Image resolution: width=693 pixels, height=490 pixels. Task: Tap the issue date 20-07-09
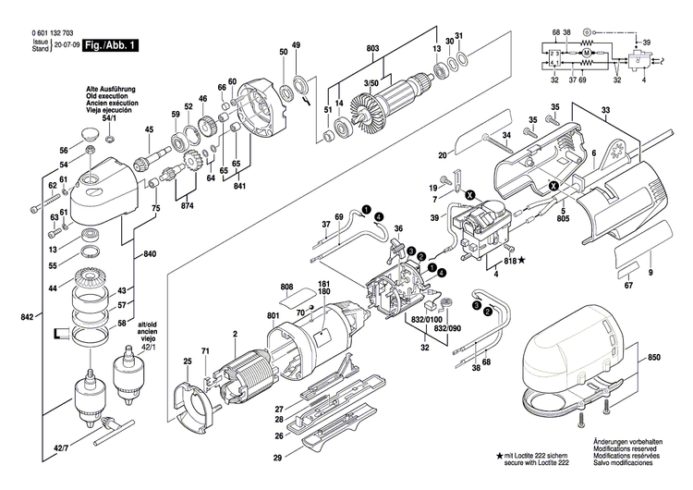click(x=65, y=44)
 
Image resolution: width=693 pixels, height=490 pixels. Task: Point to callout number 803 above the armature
click(x=373, y=48)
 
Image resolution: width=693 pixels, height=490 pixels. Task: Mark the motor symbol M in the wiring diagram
click(x=585, y=56)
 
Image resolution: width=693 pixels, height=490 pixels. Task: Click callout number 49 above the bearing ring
click(x=296, y=45)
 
